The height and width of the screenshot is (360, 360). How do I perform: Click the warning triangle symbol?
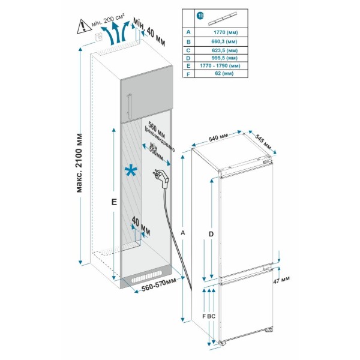click(x=84, y=26)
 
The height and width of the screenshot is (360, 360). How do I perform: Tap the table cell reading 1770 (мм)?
click(x=226, y=32)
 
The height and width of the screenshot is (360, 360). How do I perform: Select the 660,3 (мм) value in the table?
click(x=224, y=41)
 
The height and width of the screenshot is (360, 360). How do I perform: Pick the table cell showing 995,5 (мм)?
click(x=224, y=58)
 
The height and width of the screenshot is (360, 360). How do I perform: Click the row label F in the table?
click(x=188, y=74)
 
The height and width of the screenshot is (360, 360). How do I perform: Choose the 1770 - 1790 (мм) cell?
click(x=220, y=66)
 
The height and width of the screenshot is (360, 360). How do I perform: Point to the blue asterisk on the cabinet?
click(x=131, y=171)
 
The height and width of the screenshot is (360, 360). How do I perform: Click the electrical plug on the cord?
click(x=163, y=178)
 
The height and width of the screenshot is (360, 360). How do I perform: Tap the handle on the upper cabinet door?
click(x=130, y=106)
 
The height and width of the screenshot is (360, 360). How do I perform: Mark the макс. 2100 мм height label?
click(x=79, y=163)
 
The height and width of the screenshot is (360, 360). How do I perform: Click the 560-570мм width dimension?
click(x=159, y=284)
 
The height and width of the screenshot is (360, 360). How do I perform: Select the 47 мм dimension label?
click(x=281, y=280)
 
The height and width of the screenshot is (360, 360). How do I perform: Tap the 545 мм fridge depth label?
click(x=263, y=142)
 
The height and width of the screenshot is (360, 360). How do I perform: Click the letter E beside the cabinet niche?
click(x=114, y=202)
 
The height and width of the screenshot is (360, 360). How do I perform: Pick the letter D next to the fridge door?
click(x=211, y=234)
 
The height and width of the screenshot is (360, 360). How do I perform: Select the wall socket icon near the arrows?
click(x=99, y=37)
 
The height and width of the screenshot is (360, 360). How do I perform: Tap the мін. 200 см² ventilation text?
click(x=108, y=20)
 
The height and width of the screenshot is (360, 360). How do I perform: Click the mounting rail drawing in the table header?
click(x=223, y=18)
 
